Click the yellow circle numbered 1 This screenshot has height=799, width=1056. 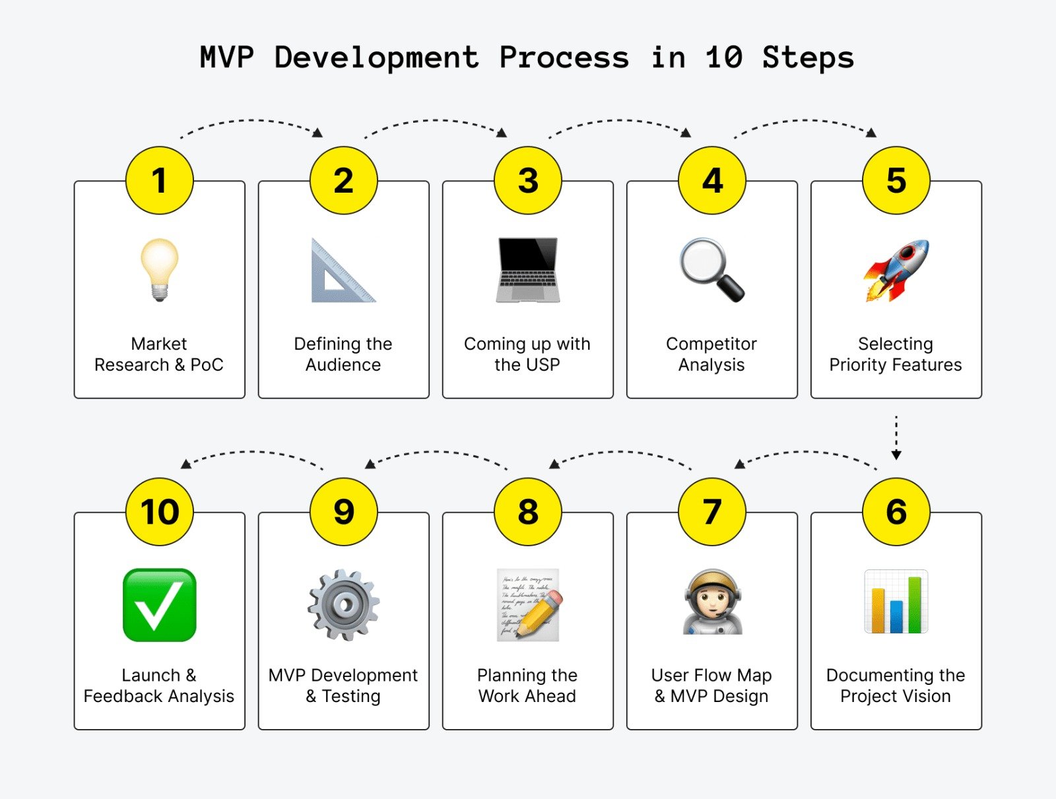coord(159,181)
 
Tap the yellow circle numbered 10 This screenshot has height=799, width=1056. coord(159,512)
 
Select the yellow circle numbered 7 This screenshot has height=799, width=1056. coord(711,512)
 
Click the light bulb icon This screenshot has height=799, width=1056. coord(159,269)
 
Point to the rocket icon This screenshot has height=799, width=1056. coord(896,271)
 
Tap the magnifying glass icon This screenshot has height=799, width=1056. coord(711,270)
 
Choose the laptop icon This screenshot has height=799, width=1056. coord(527,270)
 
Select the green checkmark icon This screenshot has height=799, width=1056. coord(159,604)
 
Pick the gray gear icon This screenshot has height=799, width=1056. coord(343,604)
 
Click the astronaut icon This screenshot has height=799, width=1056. coord(711,603)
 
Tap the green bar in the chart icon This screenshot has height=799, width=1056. coord(914,604)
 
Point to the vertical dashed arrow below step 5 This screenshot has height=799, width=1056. coord(896,437)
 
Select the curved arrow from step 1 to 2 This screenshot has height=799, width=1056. coord(251,123)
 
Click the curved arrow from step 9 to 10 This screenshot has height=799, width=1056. coord(251,454)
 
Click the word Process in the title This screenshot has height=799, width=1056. coord(564,57)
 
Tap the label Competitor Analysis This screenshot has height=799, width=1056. coord(711,354)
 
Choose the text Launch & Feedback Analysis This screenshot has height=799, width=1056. coord(159,686)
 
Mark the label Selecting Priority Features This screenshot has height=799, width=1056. coord(896,354)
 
